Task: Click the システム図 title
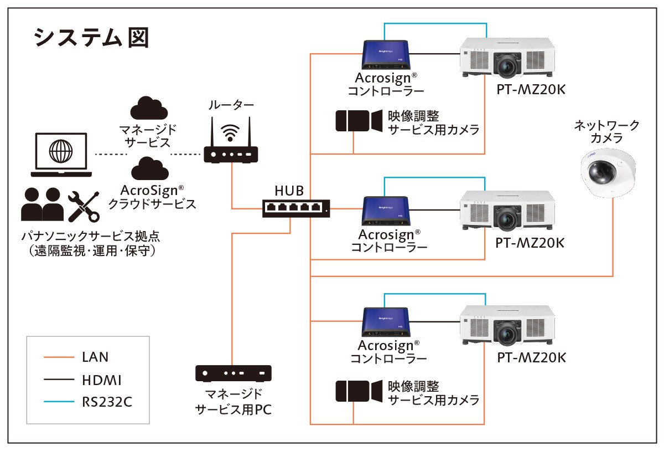tap(91, 38)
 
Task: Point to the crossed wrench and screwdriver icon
tap(84, 206)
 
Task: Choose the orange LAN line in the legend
tap(59, 357)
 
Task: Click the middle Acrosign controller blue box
tap(386, 210)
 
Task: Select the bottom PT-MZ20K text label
tap(531, 357)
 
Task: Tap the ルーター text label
tap(231, 105)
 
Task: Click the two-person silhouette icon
tap(41, 204)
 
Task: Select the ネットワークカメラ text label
tap(606, 131)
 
